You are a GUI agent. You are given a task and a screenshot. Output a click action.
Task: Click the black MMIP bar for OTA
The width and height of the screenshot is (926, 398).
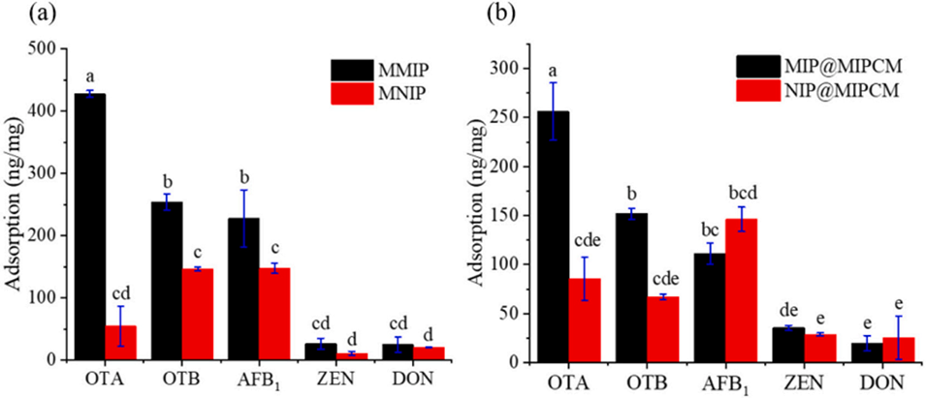pyautogui.click(x=90, y=227)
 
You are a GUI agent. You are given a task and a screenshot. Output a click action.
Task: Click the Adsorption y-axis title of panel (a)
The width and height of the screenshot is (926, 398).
pyautogui.click(x=14, y=203)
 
